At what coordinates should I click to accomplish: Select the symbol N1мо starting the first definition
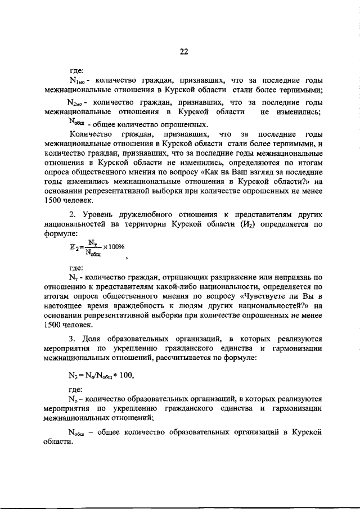pos(76,81)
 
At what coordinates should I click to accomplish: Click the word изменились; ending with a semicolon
pos(303,112)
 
